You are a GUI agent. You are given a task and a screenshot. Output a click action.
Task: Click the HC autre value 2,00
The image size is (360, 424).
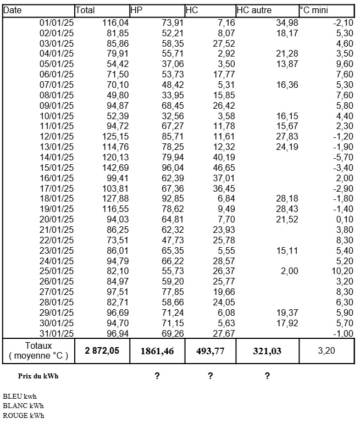(288, 271)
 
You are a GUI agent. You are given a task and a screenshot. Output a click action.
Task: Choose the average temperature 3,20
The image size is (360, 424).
(326, 350)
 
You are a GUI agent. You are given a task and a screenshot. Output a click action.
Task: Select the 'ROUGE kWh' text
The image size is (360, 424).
(24, 415)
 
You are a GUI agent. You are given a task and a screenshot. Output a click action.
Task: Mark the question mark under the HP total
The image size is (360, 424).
(158, 376)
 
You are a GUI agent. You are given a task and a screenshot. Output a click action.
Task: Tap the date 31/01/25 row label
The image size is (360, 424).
(57, 334)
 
